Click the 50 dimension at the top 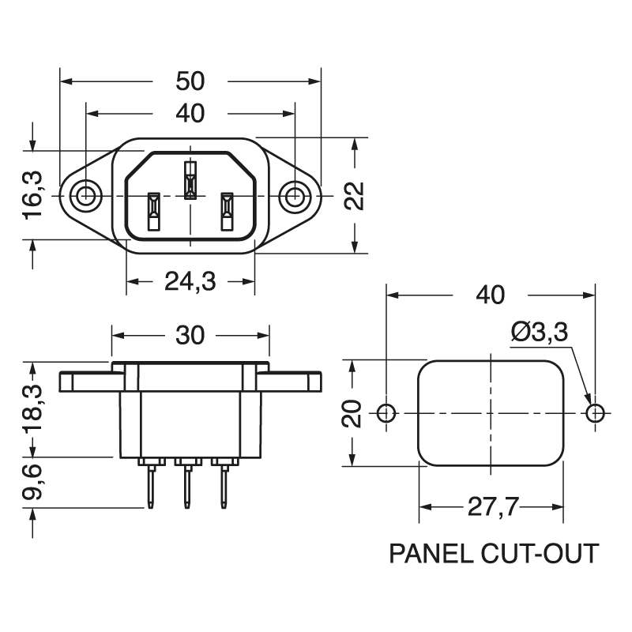point(190,81)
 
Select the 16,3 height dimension point(34,196)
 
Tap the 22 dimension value point(357,196)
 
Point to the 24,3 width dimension point(190,281)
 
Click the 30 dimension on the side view point(190,335)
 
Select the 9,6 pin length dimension point(34,483)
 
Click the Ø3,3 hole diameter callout point(540,333)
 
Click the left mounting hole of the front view point(85,195)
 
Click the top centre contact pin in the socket point(190,180)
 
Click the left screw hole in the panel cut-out point(386,412)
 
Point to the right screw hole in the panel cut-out point(595,412)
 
